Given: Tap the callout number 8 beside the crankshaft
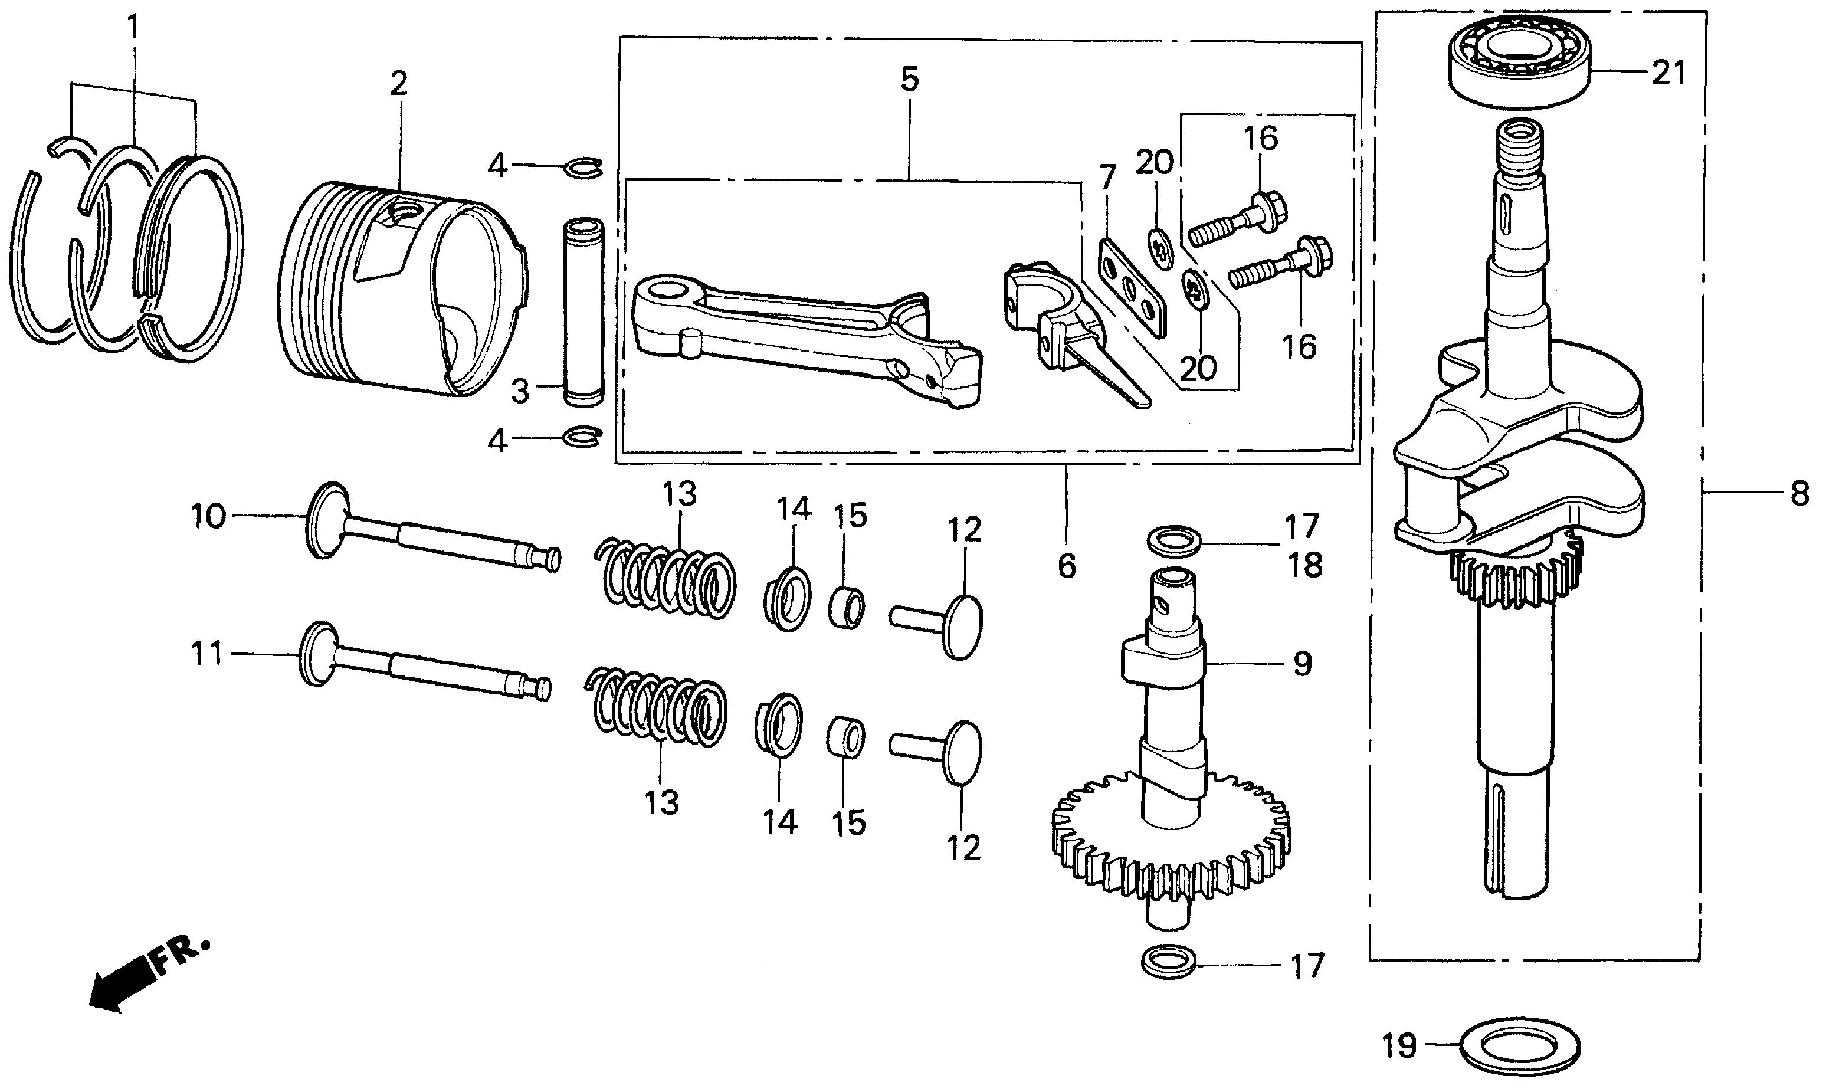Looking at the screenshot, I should [1799, 494].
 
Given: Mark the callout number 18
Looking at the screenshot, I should [1305, 566].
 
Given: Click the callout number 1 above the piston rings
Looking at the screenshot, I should [133, 28].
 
